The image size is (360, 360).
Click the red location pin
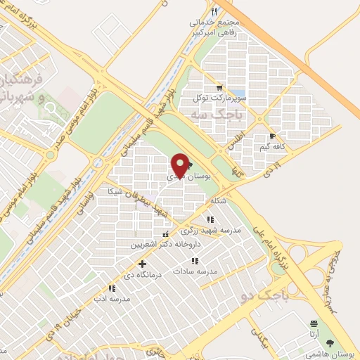(x=180, y=166)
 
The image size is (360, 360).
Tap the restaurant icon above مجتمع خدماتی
(x=214, y=11)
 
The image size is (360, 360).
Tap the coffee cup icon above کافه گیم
(x=271, y=136)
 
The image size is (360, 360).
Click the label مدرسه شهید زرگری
(x=211, y=230)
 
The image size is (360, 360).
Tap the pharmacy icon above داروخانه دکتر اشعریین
(x=165, y=236)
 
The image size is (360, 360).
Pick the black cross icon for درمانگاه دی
(x=143, y=263)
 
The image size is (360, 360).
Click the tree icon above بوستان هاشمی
(x=331, y=344)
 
